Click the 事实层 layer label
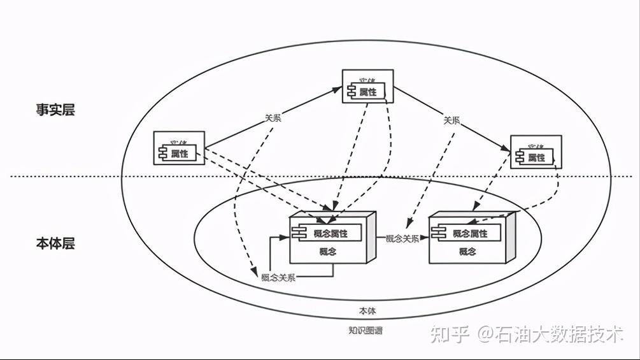click(x=55, y=110)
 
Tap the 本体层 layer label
click(x=55, y=243)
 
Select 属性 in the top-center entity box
click(x=368, y=92)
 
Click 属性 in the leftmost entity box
click(x=180, y=153)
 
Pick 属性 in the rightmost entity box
click(x=537, y=157)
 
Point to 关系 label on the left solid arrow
click(x=273, y=118)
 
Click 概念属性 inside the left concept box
click(x=331, y=233)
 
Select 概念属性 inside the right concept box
click(x=470, y=233)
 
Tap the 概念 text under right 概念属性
click(x=467, y=252)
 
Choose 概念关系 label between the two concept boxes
click(x=402, y=239)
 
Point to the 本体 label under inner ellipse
click(x=367, y=311)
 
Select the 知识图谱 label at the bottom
click(x=366, y=331)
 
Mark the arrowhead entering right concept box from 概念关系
click(x=425, y=239)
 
